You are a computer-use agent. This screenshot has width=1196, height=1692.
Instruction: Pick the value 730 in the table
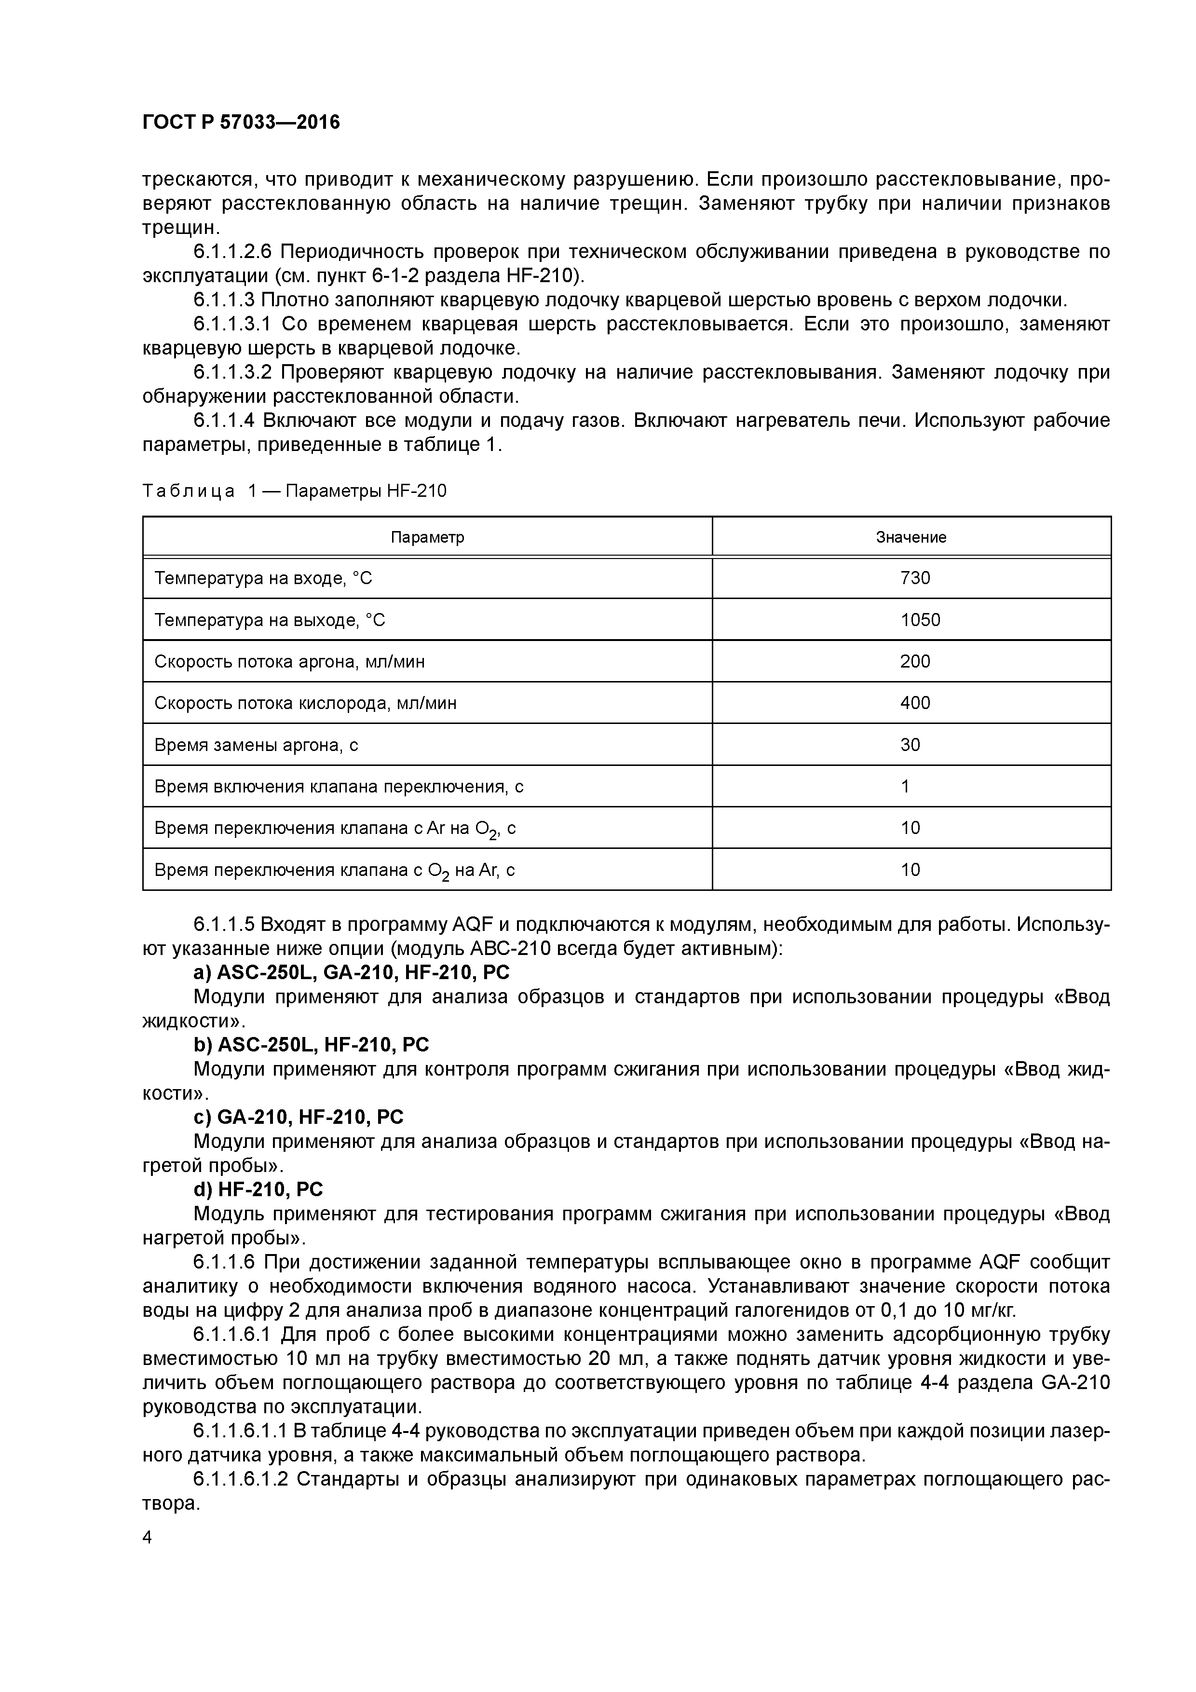(914, 578)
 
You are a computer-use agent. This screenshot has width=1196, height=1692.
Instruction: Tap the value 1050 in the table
(920, 620)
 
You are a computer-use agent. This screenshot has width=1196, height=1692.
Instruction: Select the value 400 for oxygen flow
(914, 703)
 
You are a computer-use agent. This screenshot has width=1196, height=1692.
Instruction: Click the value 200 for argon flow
(914, 662)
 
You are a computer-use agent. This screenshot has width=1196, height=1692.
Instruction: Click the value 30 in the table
(910, 745)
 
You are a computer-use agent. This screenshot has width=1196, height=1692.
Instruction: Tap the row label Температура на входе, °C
(263, 578)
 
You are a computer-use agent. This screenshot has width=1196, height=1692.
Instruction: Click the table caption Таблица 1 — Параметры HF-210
(294, 491)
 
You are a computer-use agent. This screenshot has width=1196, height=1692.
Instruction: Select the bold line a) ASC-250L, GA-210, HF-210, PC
(351, 973)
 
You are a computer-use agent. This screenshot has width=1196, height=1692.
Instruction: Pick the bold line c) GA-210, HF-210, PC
(299, 1117)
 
